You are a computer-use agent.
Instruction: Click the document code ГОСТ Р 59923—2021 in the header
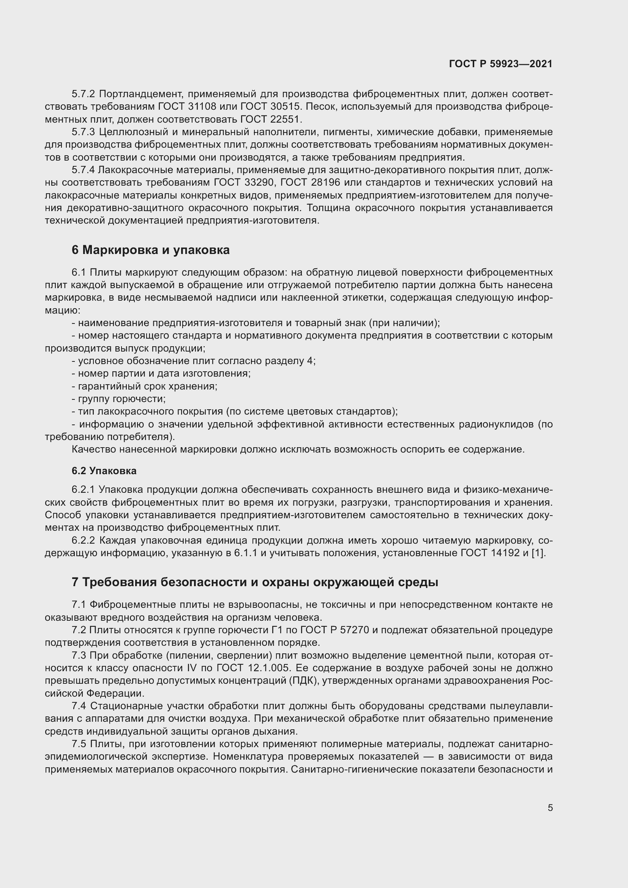(501, 64)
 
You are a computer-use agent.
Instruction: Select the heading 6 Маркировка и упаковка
(150, 250)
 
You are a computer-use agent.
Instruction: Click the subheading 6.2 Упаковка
(104, 471)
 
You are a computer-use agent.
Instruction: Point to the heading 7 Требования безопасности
(255, 582)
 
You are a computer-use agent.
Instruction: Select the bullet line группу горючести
(119, 398)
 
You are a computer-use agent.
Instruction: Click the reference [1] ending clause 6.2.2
(538, 553)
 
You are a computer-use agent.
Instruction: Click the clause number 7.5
(79, 744)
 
